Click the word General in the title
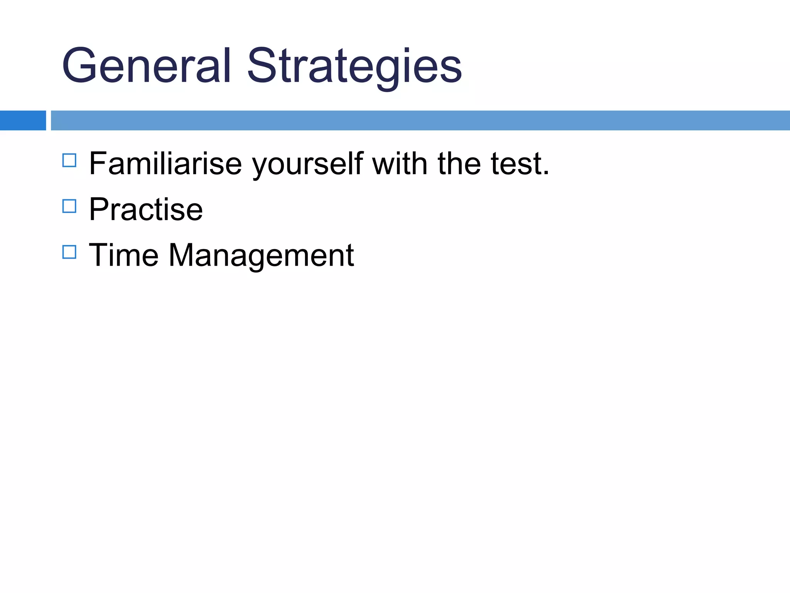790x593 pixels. tap(146, 66)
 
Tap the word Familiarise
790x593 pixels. tap(165, 164)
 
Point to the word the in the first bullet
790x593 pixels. tap(459, 164)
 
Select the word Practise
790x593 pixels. tap(146, 209)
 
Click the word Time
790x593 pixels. tap(123, 255)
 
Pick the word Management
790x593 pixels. tap(261, 256)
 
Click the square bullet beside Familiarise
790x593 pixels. tap(69, 160)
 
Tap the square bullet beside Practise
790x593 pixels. tap(69, 206)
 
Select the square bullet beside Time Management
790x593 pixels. tap(69, 252)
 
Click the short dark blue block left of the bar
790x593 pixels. tap(23, 120)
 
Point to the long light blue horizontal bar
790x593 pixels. tap(420, 120)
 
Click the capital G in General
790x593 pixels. tap(80, 66)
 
